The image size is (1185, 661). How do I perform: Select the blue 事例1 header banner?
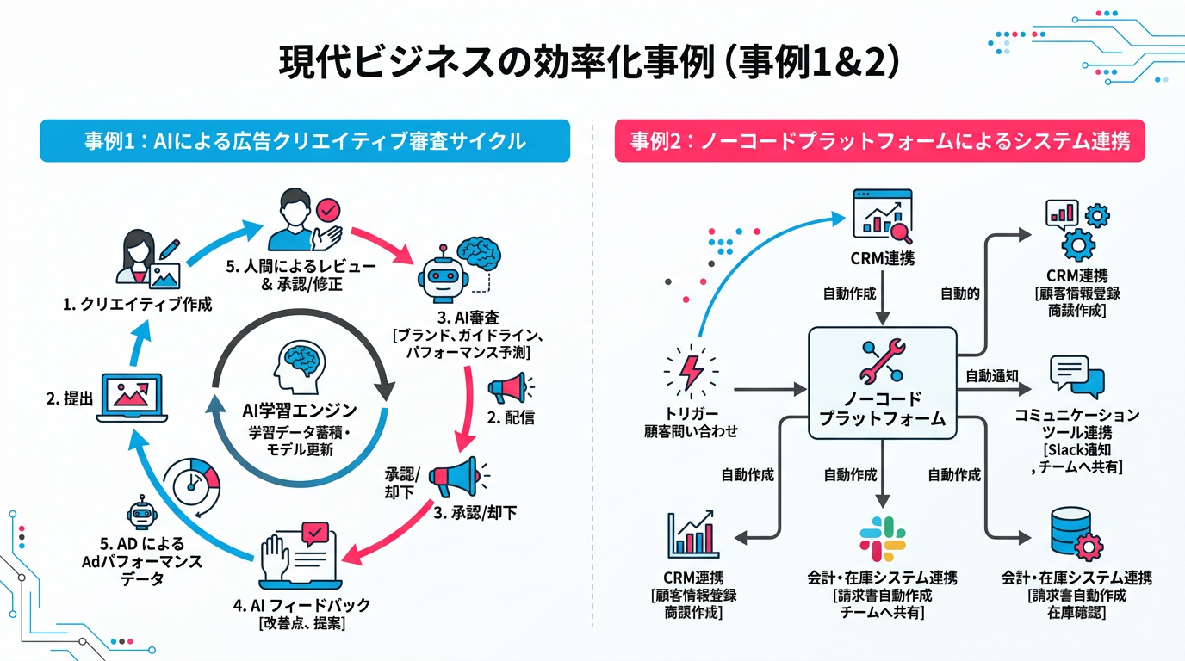[x=305, y=140]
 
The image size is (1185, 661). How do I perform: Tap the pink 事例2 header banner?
[x=879, y=140]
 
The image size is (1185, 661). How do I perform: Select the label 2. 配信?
[x=512, y=418]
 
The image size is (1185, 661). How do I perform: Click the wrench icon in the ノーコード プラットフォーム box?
[x=882, y=361]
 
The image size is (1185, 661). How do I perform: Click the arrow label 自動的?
[x=959, y=293]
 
